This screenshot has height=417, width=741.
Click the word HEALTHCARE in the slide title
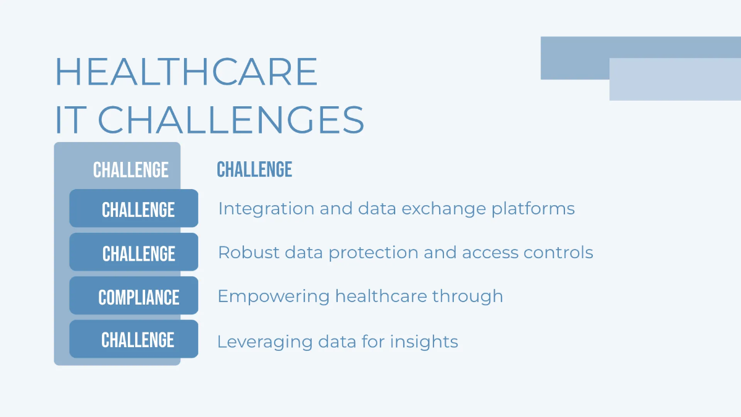[186, 72]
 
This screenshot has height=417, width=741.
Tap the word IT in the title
[69, 120]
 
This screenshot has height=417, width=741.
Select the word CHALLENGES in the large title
[231, 120]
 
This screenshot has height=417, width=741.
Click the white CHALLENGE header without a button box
[130, 170]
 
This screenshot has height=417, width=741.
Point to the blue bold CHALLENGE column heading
[254, 170]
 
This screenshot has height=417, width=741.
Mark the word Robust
[244, 253]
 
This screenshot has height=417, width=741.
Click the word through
[467, 297]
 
